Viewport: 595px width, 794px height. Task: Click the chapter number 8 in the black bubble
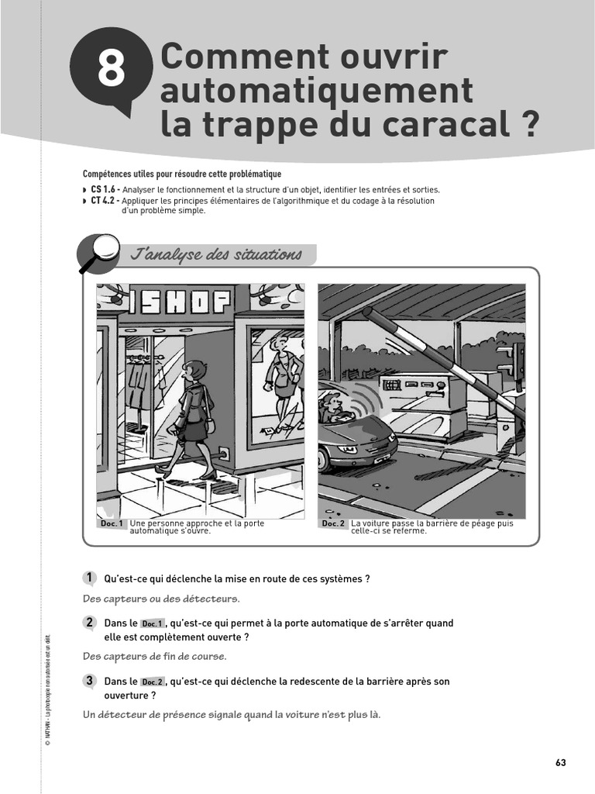tap(112, 70)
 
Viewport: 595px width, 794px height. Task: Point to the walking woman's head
tap(195, 371)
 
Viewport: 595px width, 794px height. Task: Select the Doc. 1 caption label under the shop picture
tap(112, 524)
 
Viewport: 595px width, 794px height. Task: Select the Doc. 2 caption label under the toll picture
tap(333, 524)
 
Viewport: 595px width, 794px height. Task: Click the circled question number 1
tap(90, 578)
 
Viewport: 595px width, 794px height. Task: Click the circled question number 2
tap(90, 623)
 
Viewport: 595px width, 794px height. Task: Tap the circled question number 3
tap(90, 681)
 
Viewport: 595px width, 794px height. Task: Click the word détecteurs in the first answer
tap(210, 599)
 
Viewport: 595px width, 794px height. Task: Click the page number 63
tap(561, 763)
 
